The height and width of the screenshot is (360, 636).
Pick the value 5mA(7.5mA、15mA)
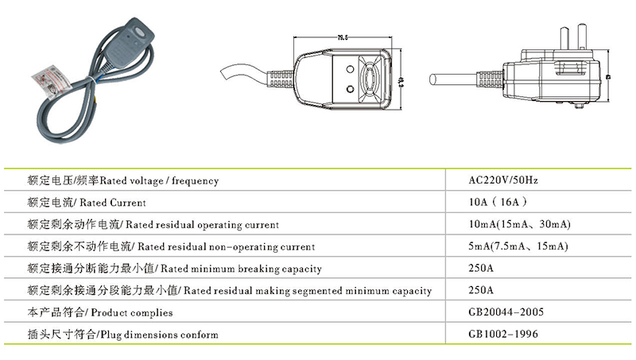(x=518, y=246)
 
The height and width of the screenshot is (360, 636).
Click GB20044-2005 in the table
(x=503, y=312)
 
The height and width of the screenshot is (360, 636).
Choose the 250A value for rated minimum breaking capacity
(x=482, y=269)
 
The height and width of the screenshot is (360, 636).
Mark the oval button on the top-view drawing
(x=373, y=80)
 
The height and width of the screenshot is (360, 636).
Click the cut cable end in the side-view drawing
(x=432, y=79)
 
